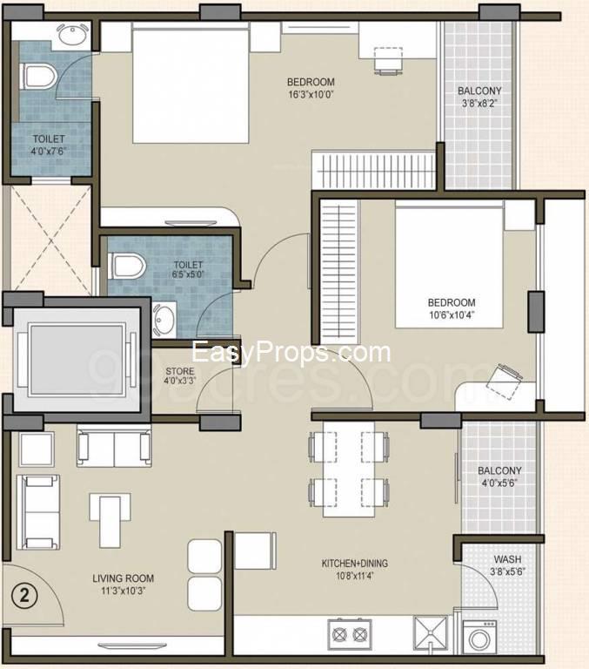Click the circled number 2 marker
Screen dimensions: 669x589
(x=25, y=597)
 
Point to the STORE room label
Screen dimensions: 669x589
(x=179, y=372)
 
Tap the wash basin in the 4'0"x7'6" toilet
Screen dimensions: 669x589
(x=70, y=36)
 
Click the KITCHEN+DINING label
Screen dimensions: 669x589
(x=354, y=564)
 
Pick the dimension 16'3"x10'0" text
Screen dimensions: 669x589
(x=311, y=96)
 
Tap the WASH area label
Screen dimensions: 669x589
(x=507, y=559)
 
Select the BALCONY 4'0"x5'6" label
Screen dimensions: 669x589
(x=499, y=477)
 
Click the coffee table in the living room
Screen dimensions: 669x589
(x=109, y=517)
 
